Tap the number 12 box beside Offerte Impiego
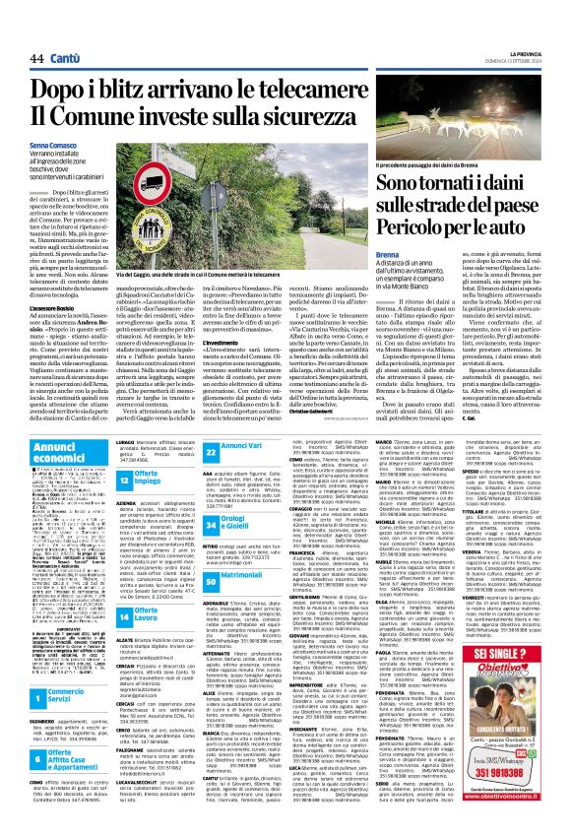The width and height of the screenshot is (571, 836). point(126,477)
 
